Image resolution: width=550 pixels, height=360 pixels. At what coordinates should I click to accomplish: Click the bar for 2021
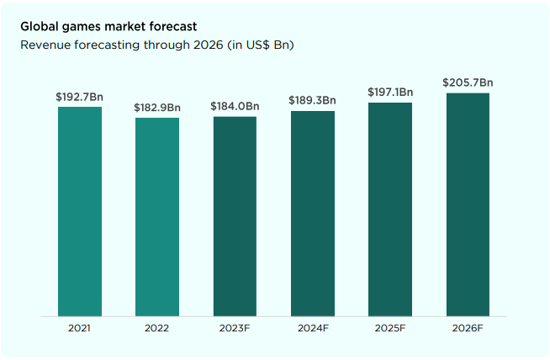[80, 211]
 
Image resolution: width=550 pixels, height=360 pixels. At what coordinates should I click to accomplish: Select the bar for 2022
[157, 217]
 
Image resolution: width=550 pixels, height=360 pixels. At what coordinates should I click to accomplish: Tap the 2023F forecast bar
[235, 216]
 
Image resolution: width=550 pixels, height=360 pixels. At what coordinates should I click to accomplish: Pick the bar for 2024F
[313, 214]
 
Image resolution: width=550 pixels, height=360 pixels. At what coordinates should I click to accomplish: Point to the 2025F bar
[390, 209]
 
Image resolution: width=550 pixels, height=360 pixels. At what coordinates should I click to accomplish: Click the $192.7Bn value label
[80, 98]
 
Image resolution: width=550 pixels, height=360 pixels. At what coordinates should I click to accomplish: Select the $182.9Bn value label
[157, 108]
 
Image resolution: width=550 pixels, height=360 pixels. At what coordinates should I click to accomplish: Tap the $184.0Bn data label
[235, 107]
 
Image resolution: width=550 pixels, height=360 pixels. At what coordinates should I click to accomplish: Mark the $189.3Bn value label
[313, 101]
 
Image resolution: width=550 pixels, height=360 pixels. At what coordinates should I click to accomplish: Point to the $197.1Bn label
[390, 93]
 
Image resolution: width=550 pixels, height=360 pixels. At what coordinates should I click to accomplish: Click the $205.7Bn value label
[468, 82]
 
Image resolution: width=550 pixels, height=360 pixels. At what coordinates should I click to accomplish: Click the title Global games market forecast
[109, 27]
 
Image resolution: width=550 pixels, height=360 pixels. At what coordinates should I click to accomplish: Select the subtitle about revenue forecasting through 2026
[156, 45]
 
